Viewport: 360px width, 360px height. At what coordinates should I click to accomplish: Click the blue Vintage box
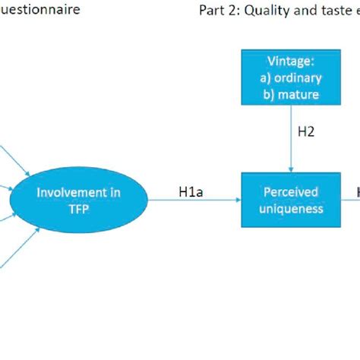[x=293, y=77]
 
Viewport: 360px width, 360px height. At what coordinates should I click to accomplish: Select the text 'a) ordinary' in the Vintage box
[x=293, y=77]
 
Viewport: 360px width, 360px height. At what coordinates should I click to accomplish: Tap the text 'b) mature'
[x=293, y=94]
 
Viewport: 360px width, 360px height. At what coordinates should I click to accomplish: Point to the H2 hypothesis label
[x=305, y=131]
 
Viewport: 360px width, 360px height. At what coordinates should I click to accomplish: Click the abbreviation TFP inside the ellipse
[x=78, y=208]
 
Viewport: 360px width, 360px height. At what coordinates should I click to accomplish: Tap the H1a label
[x=191, y=192]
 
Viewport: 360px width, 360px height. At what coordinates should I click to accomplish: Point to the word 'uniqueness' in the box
[x=292, y=208]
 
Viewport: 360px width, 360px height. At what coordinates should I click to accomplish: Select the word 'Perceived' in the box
[x=292, y=192]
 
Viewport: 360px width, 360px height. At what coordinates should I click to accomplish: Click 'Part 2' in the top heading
[x=218, y=11]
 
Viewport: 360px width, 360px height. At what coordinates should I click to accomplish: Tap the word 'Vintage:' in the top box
[x=293, y=62]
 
